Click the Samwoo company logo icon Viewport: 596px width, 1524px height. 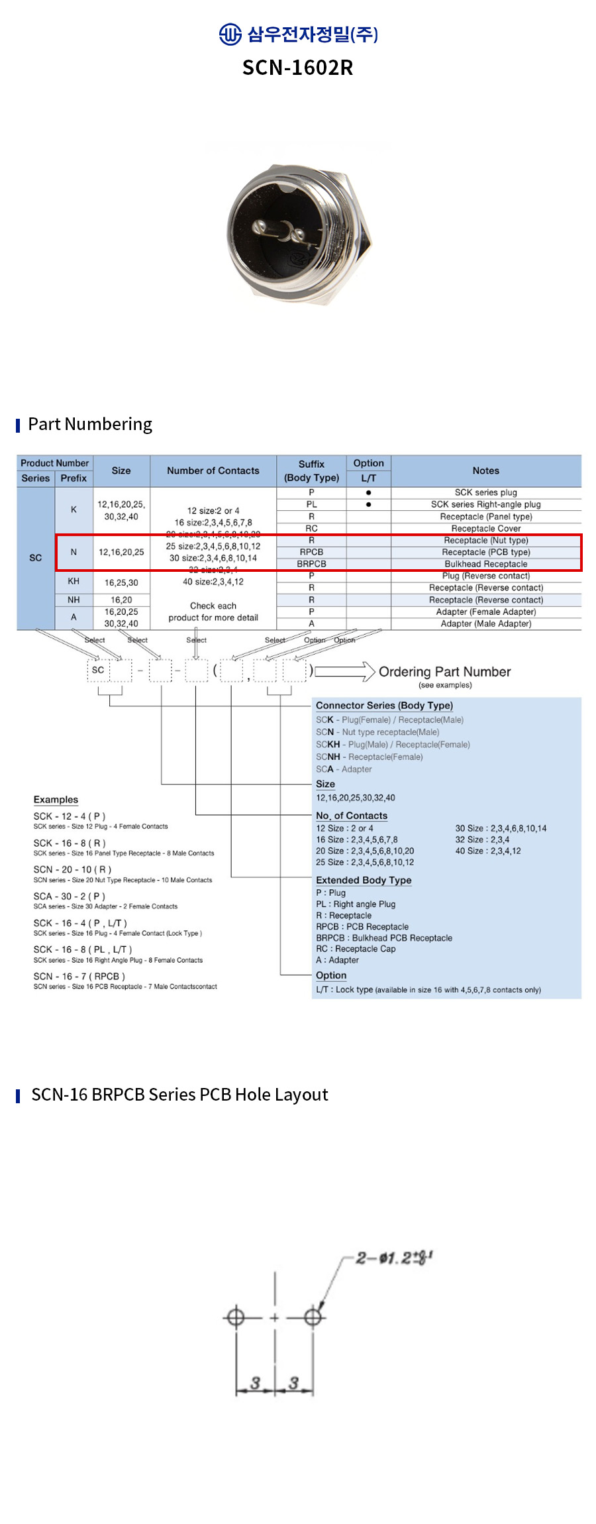[230, 34]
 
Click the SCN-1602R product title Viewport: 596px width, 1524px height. [297, 68]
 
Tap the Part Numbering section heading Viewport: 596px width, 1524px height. [90, 424]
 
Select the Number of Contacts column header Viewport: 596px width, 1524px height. [213, 470]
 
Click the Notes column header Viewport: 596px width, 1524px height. [485, 470]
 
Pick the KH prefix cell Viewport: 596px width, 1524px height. [74, 581]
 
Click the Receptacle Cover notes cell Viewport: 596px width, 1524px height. [485, 528]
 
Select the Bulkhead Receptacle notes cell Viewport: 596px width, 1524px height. [485, 564]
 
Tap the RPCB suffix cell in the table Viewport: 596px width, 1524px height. [311, 552]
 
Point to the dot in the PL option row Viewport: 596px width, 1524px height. [368, 504]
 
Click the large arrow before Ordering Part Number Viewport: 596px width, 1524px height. [344, 671]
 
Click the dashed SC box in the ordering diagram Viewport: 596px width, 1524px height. [98, 670]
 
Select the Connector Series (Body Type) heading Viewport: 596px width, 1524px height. [384, 706]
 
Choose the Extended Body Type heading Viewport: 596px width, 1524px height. [364, 880]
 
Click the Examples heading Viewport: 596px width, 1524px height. [56, 800]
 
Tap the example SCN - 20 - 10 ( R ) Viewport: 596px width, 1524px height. [72, 869]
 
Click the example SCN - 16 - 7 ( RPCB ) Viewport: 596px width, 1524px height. [79, 976]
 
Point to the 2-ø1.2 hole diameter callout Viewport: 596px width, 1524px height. [393, 1257]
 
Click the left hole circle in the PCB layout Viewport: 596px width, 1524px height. [235, 1317]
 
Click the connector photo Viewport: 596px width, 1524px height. [298, 235]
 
